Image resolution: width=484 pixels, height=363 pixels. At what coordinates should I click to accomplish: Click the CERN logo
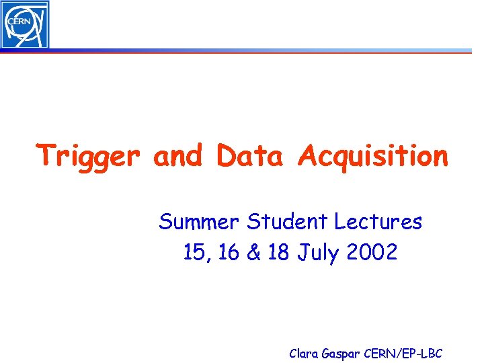[25, 24]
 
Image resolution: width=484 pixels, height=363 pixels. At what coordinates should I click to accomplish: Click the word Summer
[200, 221]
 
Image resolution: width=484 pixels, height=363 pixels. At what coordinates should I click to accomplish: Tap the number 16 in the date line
[229, 253]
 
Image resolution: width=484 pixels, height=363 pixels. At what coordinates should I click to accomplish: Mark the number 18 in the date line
[279, 253]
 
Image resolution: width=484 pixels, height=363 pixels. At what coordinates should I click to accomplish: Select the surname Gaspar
[343, 354]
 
